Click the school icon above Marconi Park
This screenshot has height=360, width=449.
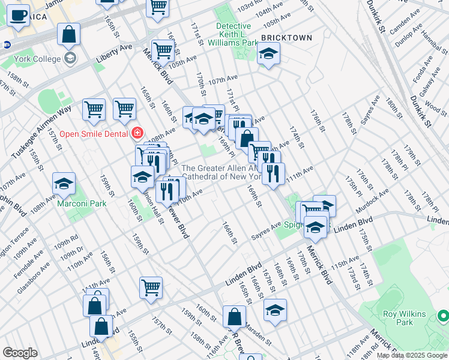(x=64, y=184)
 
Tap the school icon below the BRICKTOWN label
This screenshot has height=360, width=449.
(x=268, y=55)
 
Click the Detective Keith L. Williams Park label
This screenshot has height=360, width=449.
(x=233, y=34)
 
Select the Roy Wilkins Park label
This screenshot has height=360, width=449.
(x=404, y=318)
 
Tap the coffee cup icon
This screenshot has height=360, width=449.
(x=18, y=16)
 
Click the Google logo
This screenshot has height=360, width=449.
(x=20, y=353)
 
